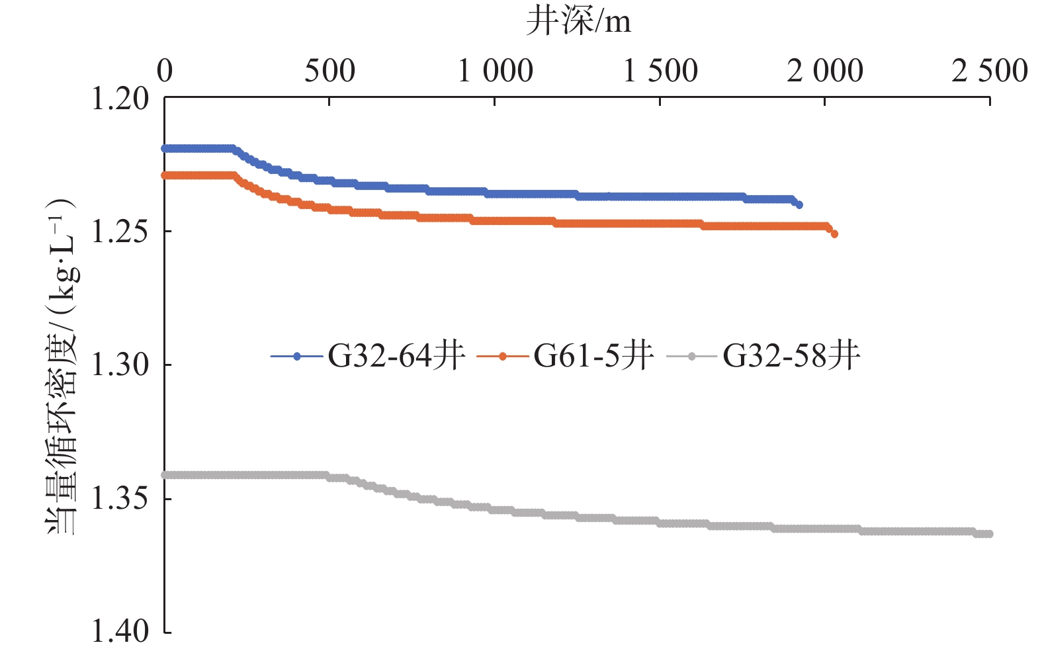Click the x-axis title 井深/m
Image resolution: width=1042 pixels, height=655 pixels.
click(578, 22)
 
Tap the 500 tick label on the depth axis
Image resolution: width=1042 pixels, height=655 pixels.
click(329, 71)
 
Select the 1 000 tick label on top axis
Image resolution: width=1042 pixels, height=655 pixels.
click(496, 71)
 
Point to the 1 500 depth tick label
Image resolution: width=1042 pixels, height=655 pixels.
click(660, 71)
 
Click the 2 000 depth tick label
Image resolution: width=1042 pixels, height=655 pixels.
click(825, 71)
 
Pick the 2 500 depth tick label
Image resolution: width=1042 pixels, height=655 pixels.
click(990, 71)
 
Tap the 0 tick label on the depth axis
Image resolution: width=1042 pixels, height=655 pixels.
click(165, 71)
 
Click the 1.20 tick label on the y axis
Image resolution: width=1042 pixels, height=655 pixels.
click(120, 99)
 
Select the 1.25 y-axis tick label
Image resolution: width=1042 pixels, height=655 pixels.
click(120, 232)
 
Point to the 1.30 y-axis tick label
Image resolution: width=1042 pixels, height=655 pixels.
click(120, 365)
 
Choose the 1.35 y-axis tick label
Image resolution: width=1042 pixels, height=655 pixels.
click(120, 498)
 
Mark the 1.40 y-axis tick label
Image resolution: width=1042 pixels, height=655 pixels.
click(120, 631)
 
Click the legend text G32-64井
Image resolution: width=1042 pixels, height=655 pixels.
click(396, 356)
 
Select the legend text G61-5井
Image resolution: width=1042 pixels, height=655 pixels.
click(593, 356)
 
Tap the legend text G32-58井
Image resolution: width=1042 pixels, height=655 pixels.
click(791, 356)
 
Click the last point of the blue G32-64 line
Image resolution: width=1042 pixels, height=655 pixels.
click(799, 205)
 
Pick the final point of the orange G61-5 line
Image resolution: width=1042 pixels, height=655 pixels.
click(834, 234)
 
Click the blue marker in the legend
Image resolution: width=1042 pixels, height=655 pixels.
click(297, 357)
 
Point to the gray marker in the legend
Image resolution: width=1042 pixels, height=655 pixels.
click(692, 357)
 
